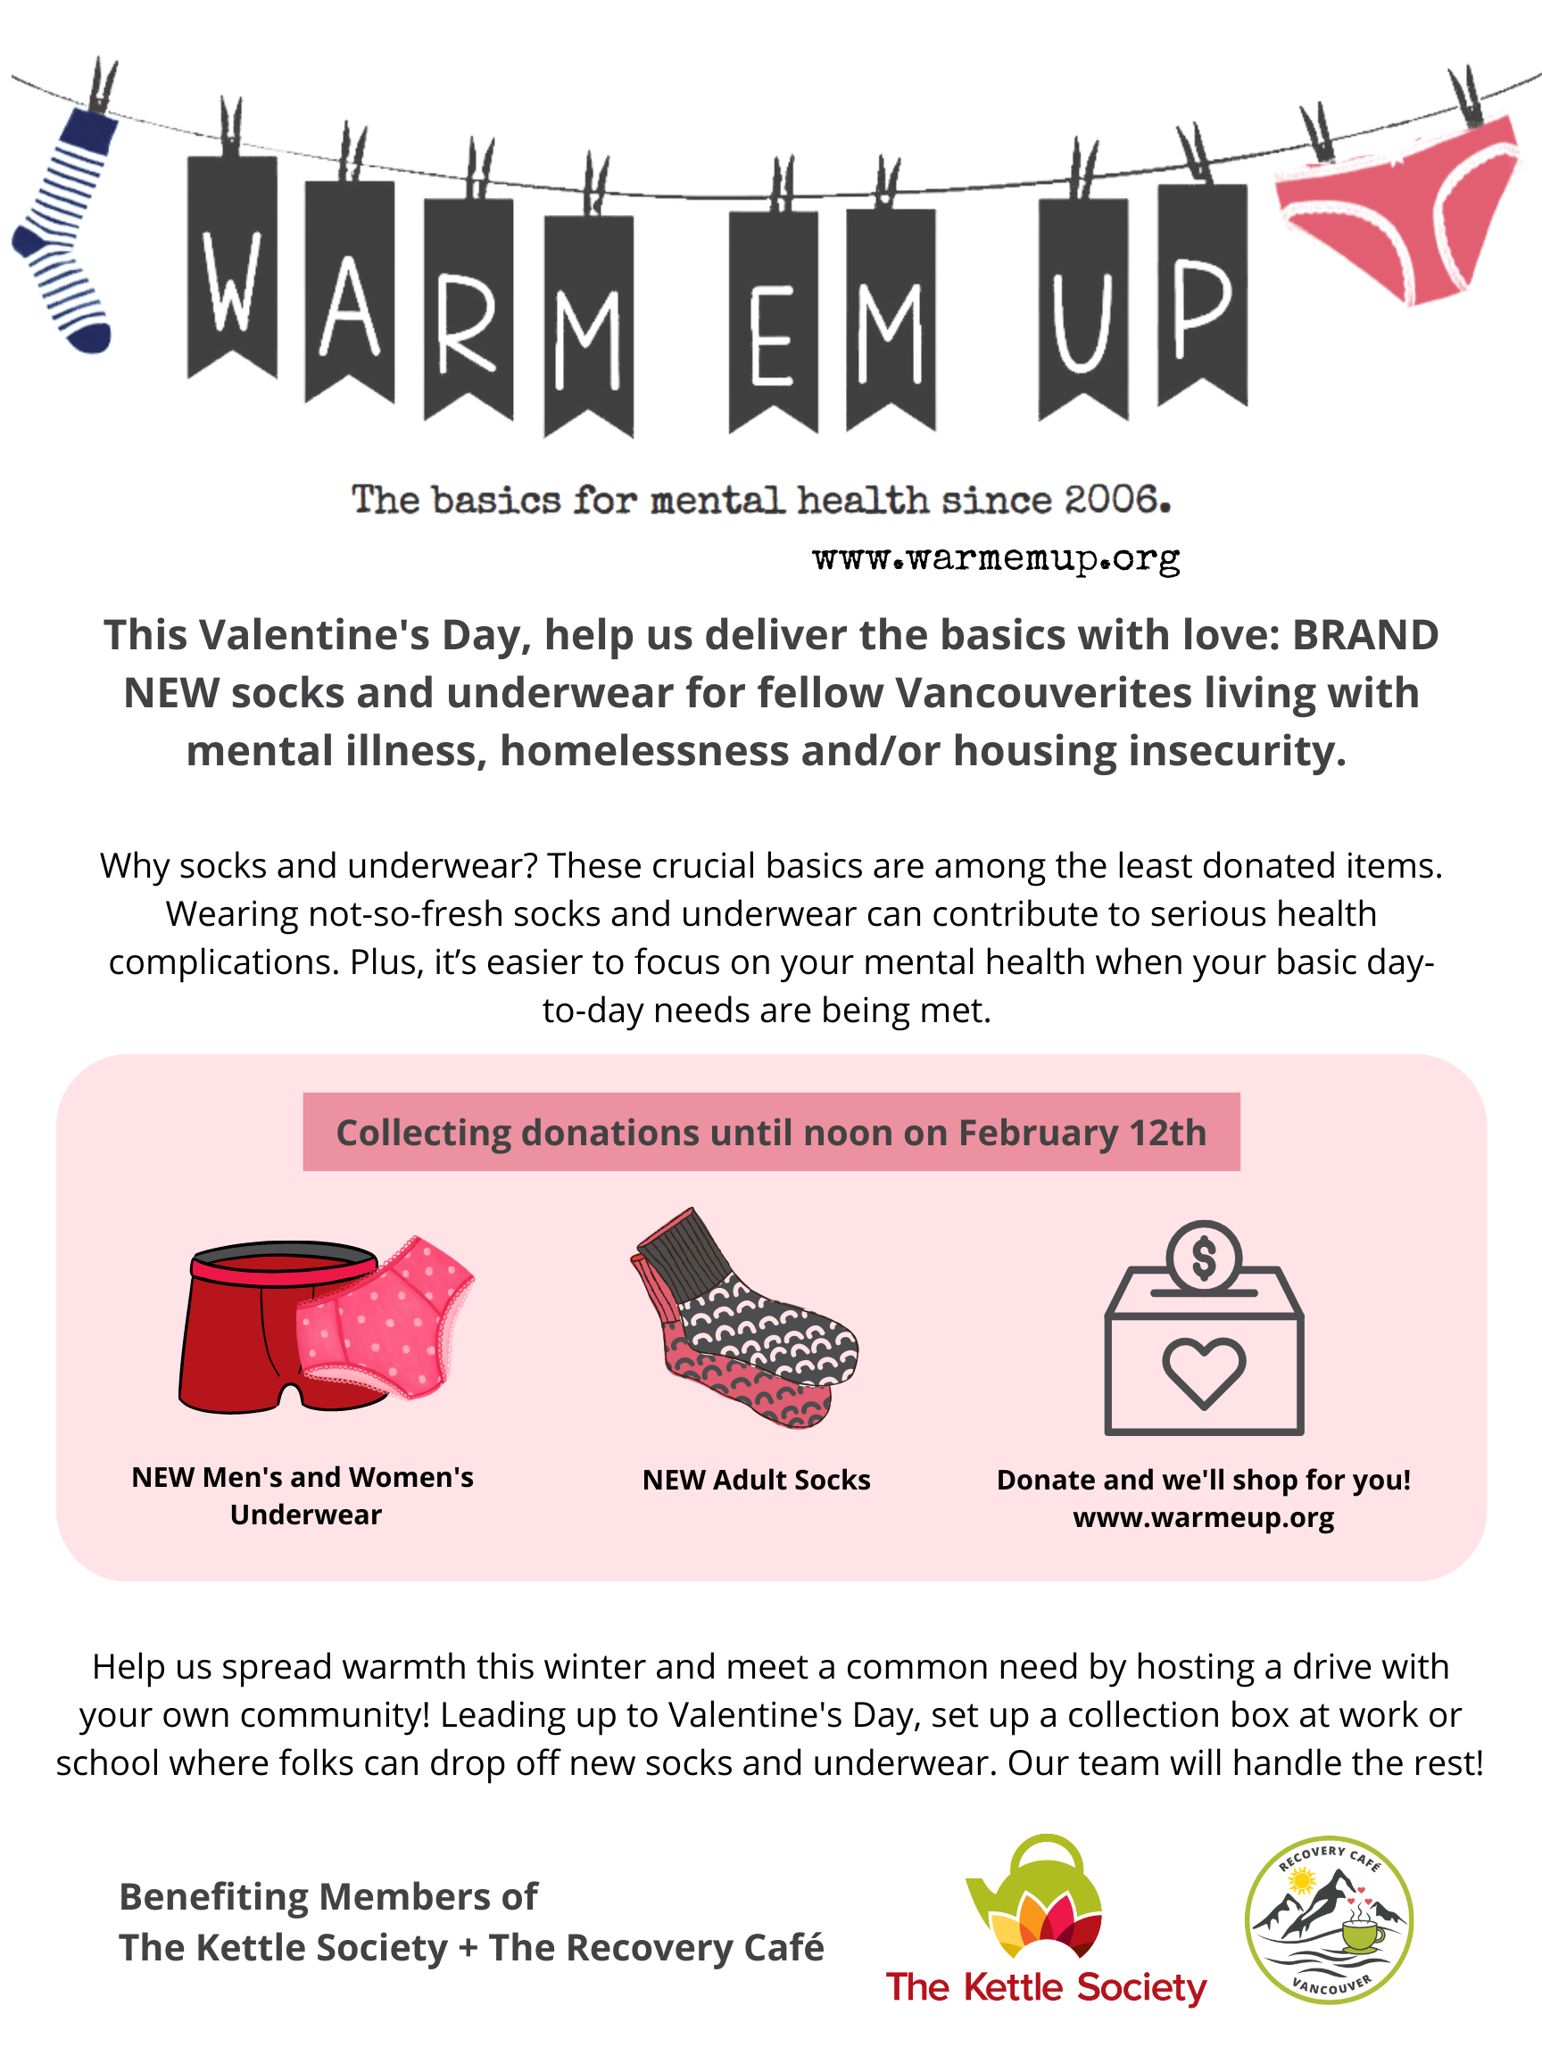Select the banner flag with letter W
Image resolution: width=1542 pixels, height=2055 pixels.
coord(232,268)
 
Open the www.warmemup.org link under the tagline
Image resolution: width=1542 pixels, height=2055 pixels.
coord(996,558)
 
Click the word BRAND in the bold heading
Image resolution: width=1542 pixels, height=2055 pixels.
coord(1365,635)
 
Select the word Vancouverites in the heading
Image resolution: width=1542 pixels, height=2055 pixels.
coord(1044,693)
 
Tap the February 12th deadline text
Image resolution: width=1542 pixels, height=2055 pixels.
coord(1082,1134)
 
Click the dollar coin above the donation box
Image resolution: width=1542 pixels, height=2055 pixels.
coord(1204,1257)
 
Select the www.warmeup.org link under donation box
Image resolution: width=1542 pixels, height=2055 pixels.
coord(1204,1518)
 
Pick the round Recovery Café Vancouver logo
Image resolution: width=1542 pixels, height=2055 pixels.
coord(1329,1919)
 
